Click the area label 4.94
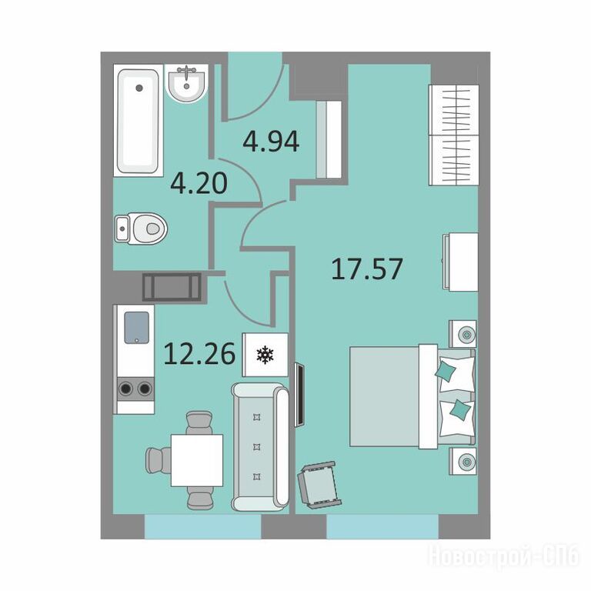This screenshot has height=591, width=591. point(271,142)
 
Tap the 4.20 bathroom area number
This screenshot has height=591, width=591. point(199,183)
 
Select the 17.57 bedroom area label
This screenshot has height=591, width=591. point(367,269)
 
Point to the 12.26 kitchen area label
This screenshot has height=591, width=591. point(200,354)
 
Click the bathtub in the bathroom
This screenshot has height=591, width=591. point(139,121)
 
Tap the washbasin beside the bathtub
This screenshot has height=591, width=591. point(186,83)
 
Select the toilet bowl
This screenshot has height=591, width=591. point(141,229)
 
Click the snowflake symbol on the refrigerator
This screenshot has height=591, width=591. point(265,355)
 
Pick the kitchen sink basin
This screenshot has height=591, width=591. point(136,328)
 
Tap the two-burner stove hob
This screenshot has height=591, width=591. point(135,388)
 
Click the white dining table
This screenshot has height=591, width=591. point(197,460)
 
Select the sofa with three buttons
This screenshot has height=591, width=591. point(260,446)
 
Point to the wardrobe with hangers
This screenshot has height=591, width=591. point(454,135)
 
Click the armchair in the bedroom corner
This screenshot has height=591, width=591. point(319,484)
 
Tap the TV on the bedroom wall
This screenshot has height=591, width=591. point(299,394)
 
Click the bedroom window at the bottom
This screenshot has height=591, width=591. point(382,526)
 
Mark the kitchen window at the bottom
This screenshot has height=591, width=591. point(203,526)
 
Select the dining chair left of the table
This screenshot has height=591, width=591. point(159,460)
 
